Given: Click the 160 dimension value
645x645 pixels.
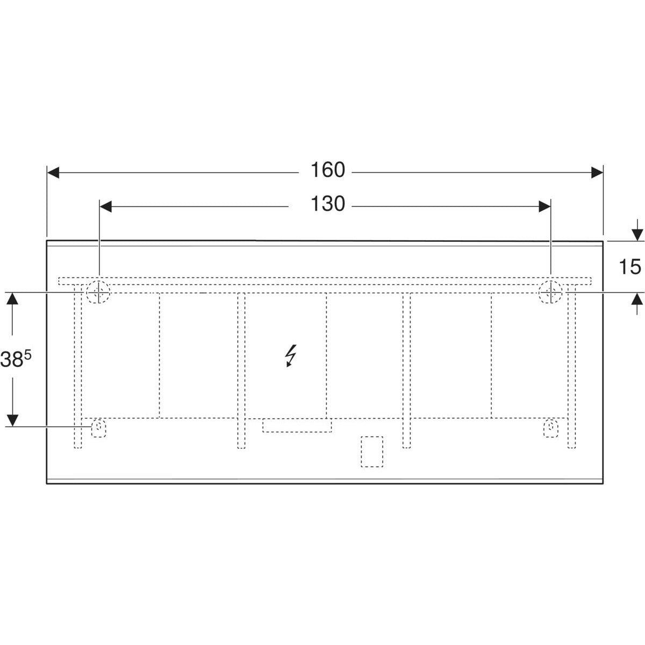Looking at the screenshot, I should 327,170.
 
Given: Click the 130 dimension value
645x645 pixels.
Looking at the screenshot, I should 327,204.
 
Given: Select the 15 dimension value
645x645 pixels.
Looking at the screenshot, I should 629,267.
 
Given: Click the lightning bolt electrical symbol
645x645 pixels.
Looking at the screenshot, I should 291,356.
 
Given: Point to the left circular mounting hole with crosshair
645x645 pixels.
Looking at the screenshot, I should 98,292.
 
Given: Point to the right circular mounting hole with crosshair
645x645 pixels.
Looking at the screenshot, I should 551,292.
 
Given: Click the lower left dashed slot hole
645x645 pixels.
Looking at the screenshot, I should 98,428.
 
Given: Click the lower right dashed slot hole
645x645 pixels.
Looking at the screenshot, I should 551,428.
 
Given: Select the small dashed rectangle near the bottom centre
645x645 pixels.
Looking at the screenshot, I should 371,451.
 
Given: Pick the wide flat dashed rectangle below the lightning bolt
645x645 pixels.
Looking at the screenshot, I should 297,426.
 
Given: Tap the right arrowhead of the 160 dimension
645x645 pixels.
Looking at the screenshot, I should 597,173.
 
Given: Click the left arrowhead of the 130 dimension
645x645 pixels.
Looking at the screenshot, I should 106,206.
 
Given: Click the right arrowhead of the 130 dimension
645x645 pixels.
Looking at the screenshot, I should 544,206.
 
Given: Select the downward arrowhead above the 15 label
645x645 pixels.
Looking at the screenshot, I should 637,234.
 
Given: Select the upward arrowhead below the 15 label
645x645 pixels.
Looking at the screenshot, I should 637,299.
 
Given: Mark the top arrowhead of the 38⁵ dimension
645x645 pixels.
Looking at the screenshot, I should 13,299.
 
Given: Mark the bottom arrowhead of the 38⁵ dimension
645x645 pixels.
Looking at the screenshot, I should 13,419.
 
